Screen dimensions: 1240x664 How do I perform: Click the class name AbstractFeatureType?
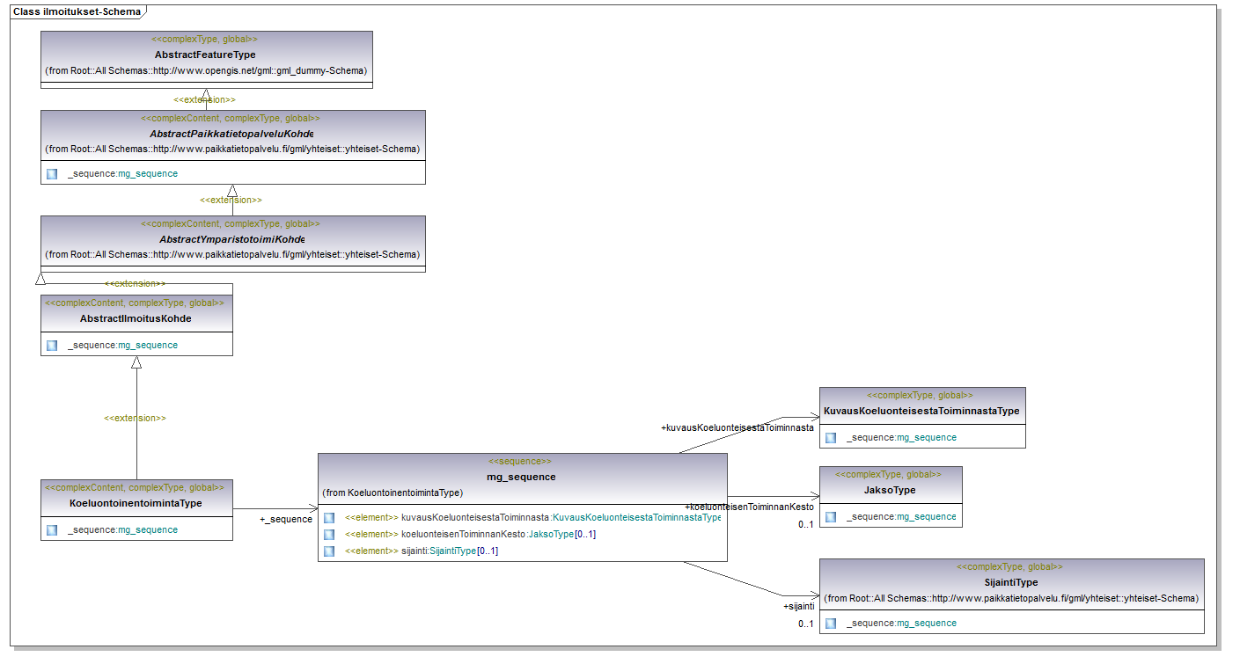(205, 55)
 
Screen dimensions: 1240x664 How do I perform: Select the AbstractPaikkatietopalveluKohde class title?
(231, 134)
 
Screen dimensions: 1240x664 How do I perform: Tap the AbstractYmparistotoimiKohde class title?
(232, 239)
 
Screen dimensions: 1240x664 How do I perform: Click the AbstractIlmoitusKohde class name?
(136, 318)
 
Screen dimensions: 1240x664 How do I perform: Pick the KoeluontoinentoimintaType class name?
(136, 504)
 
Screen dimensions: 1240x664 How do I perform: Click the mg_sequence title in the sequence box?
(521, 477)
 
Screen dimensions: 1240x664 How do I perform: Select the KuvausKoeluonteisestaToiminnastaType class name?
(921, 411)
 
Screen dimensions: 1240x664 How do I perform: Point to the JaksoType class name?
(890, 490)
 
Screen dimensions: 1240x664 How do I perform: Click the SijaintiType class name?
(1011, 583)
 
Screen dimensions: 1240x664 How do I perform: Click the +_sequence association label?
(286, 519)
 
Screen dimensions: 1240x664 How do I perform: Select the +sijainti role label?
(798, 607)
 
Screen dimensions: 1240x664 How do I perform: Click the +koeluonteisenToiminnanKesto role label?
(749, 507)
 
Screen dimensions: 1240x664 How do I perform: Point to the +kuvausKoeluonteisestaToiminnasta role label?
(737, 427)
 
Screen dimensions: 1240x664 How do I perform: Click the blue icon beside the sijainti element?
(329, 551)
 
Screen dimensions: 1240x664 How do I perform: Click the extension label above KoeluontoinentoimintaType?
(135, 419)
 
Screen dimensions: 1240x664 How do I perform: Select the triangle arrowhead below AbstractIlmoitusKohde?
(136, 362)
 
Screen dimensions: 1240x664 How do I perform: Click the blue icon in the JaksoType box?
(831, 517)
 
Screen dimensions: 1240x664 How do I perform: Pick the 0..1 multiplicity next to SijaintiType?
(805, 624)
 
